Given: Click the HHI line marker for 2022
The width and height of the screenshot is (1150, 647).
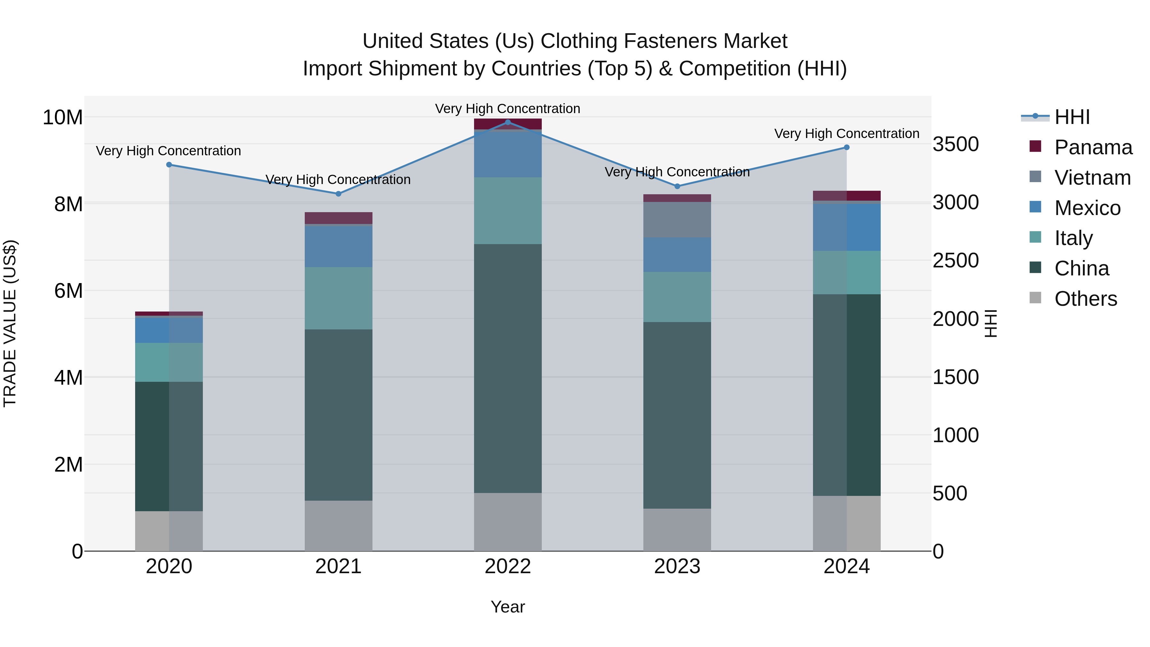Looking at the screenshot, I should (x=508, y=122).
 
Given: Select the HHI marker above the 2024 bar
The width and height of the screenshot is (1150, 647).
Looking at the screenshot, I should (x=847, y=147).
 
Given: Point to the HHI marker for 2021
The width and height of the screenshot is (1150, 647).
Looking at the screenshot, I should (x=338, y=194).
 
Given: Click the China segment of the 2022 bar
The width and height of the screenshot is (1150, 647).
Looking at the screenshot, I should (x=508, y=368).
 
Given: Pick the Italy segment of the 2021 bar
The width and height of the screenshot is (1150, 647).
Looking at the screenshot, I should (x=338, y=298).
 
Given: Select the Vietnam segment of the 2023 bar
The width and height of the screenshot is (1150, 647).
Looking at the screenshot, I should (x=677, y=220).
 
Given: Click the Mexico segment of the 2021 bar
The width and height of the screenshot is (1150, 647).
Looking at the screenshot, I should (x=338, y=246).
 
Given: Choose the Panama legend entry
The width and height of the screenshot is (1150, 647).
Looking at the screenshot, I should (x=1093, y=147).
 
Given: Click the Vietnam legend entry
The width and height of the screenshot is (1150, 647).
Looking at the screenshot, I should (x=1092, y=178).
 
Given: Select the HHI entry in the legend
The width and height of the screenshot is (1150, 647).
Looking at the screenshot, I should (x=1072, y=117).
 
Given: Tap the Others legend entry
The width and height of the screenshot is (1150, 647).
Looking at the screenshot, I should (x=1085, y=299).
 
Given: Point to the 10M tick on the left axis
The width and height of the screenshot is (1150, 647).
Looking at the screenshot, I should (x=63, y=118).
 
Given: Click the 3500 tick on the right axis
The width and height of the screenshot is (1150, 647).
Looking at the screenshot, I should (x=956, y=144).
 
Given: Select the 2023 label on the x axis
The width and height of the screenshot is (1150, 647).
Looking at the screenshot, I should (x=677, y=566).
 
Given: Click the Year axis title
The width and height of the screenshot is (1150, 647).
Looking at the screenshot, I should (x=508, y=607).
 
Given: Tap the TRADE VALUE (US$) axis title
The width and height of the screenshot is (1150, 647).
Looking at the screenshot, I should (x=10, y=323).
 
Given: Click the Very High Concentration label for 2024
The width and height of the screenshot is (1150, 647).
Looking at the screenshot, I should (x=847, y=134).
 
